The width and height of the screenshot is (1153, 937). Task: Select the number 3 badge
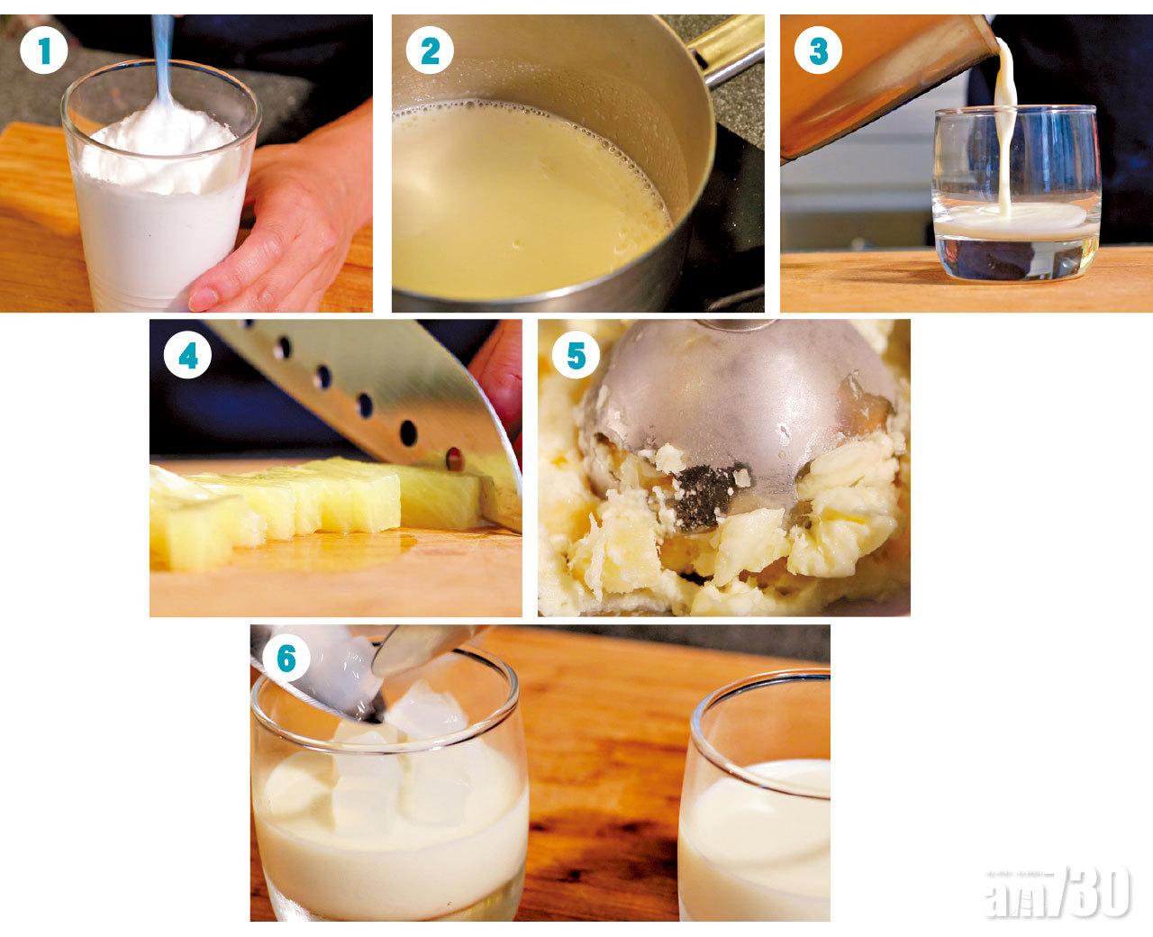818,50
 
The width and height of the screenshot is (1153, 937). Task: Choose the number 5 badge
576,356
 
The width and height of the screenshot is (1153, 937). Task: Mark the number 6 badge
286,660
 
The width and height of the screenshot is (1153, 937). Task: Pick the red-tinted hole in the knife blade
454,458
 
